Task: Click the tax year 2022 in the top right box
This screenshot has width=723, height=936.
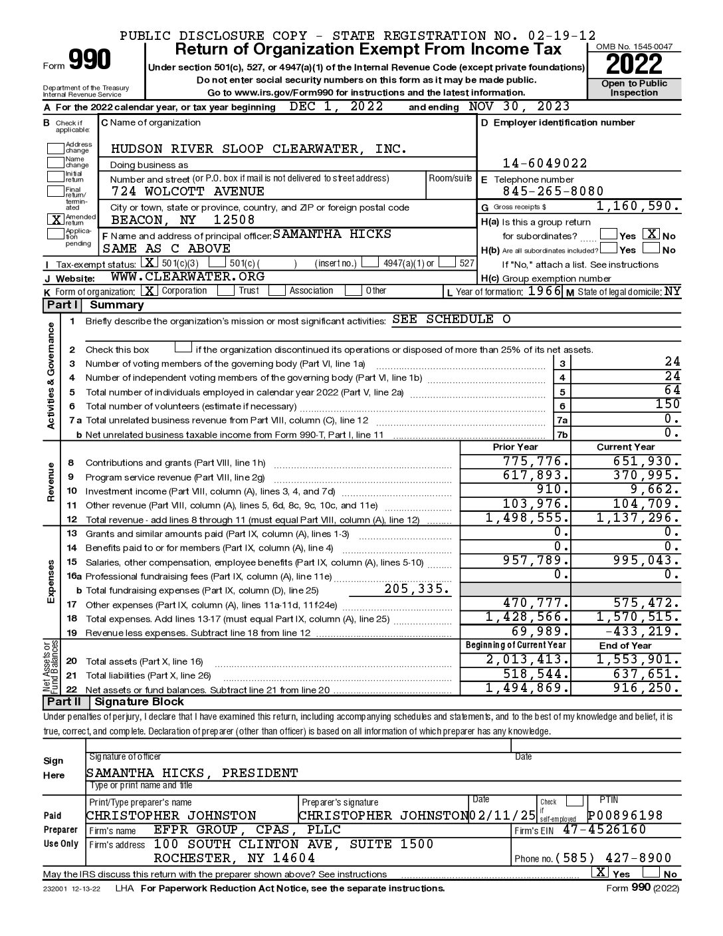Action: (x=634, y=64)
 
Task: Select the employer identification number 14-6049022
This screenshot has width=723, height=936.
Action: (x=544, y=164)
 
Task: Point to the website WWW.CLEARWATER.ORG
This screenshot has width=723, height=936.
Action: (x=187, y=277)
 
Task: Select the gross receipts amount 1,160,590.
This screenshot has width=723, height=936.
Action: (x=638, y=207)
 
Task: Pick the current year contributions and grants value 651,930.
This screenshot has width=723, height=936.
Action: (x=647, y=461)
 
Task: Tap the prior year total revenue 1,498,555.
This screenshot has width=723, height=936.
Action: (x=528, y=519)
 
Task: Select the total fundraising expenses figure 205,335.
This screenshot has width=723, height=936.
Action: (x=417, y=589)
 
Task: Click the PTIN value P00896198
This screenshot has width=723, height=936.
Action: (x=625, y=816)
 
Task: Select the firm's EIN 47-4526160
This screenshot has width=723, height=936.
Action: (x=604, y=830)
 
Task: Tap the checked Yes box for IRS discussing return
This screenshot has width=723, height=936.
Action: (x=600, y=873)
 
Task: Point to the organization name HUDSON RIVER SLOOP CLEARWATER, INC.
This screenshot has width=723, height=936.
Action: (x=258, y=149)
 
